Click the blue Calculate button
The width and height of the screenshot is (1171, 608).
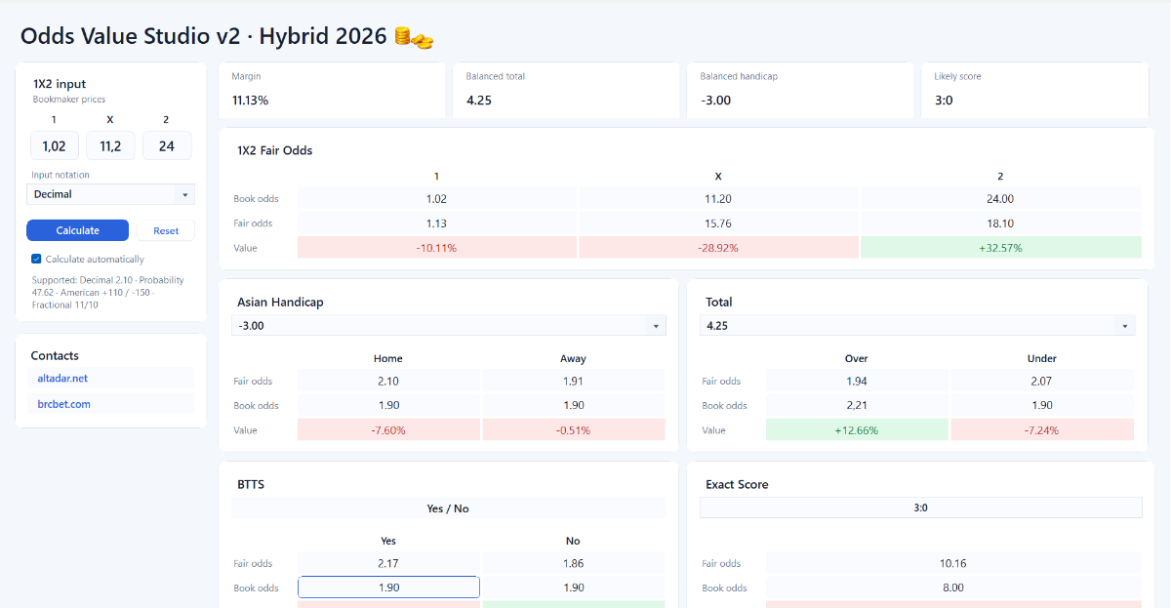pos(77,230)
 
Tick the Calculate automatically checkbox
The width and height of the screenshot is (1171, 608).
pos(36,259)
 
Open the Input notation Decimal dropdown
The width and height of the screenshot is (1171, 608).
pos(110,194)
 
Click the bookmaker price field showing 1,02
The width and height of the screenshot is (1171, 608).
pos(55,145)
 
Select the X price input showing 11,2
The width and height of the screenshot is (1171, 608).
pos(110,145)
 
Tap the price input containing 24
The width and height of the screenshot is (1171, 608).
pos(167,145)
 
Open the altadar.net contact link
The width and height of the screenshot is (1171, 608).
pos(62,378)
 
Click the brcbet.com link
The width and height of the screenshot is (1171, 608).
pos(63,404)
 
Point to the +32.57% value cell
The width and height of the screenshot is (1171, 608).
pos(1000,248)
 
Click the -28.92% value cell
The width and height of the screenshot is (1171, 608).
pos(718,248)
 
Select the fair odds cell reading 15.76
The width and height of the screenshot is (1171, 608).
pos(718,223)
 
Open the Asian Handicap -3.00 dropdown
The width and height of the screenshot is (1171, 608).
pos(449,326)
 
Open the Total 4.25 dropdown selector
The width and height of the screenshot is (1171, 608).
pos(917,326)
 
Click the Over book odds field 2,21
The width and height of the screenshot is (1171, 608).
pos(857,405)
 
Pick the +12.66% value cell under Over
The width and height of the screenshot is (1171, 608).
pos(857,430)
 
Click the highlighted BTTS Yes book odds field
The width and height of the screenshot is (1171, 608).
pos(388,588)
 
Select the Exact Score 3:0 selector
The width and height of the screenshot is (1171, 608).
pos(920,507)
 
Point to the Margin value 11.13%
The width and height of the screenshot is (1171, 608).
pos(251,101)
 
